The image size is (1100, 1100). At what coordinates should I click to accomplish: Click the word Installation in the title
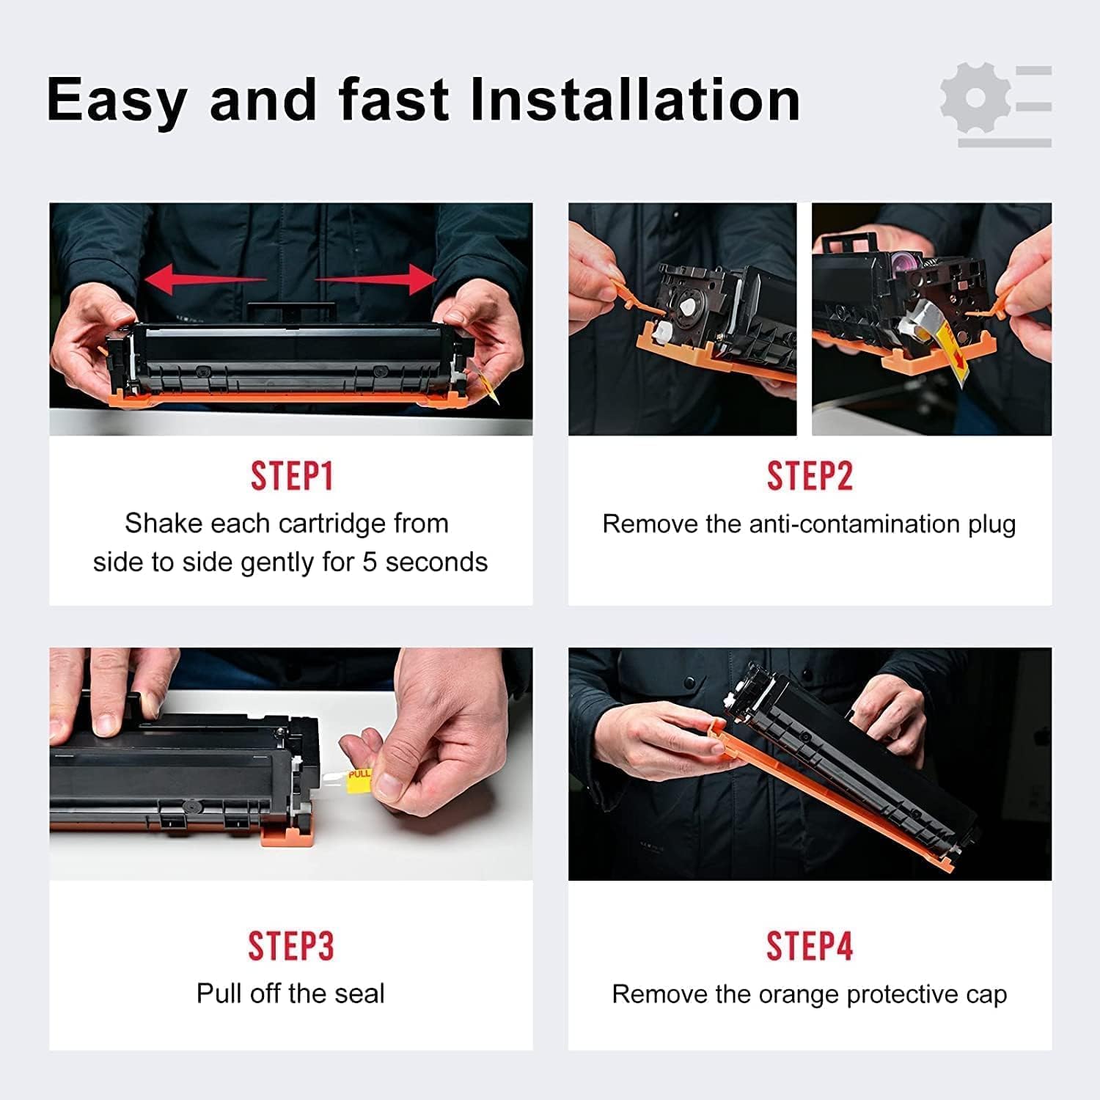click(x=635, y=100)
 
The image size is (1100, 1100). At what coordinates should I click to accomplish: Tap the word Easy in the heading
click(x=117, y=101)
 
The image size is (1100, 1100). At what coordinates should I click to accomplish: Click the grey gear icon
click(x=975, y=98)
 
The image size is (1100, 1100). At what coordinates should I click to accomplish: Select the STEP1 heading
click(x=292, y=477)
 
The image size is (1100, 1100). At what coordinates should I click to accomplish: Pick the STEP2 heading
click(x=810, y=477)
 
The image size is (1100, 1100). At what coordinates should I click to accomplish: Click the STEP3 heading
click(x=291, y=946)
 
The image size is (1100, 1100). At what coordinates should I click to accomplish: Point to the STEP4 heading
click(x=810, y=946)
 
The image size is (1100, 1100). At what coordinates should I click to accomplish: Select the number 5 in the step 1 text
click(x=370, y=562)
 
